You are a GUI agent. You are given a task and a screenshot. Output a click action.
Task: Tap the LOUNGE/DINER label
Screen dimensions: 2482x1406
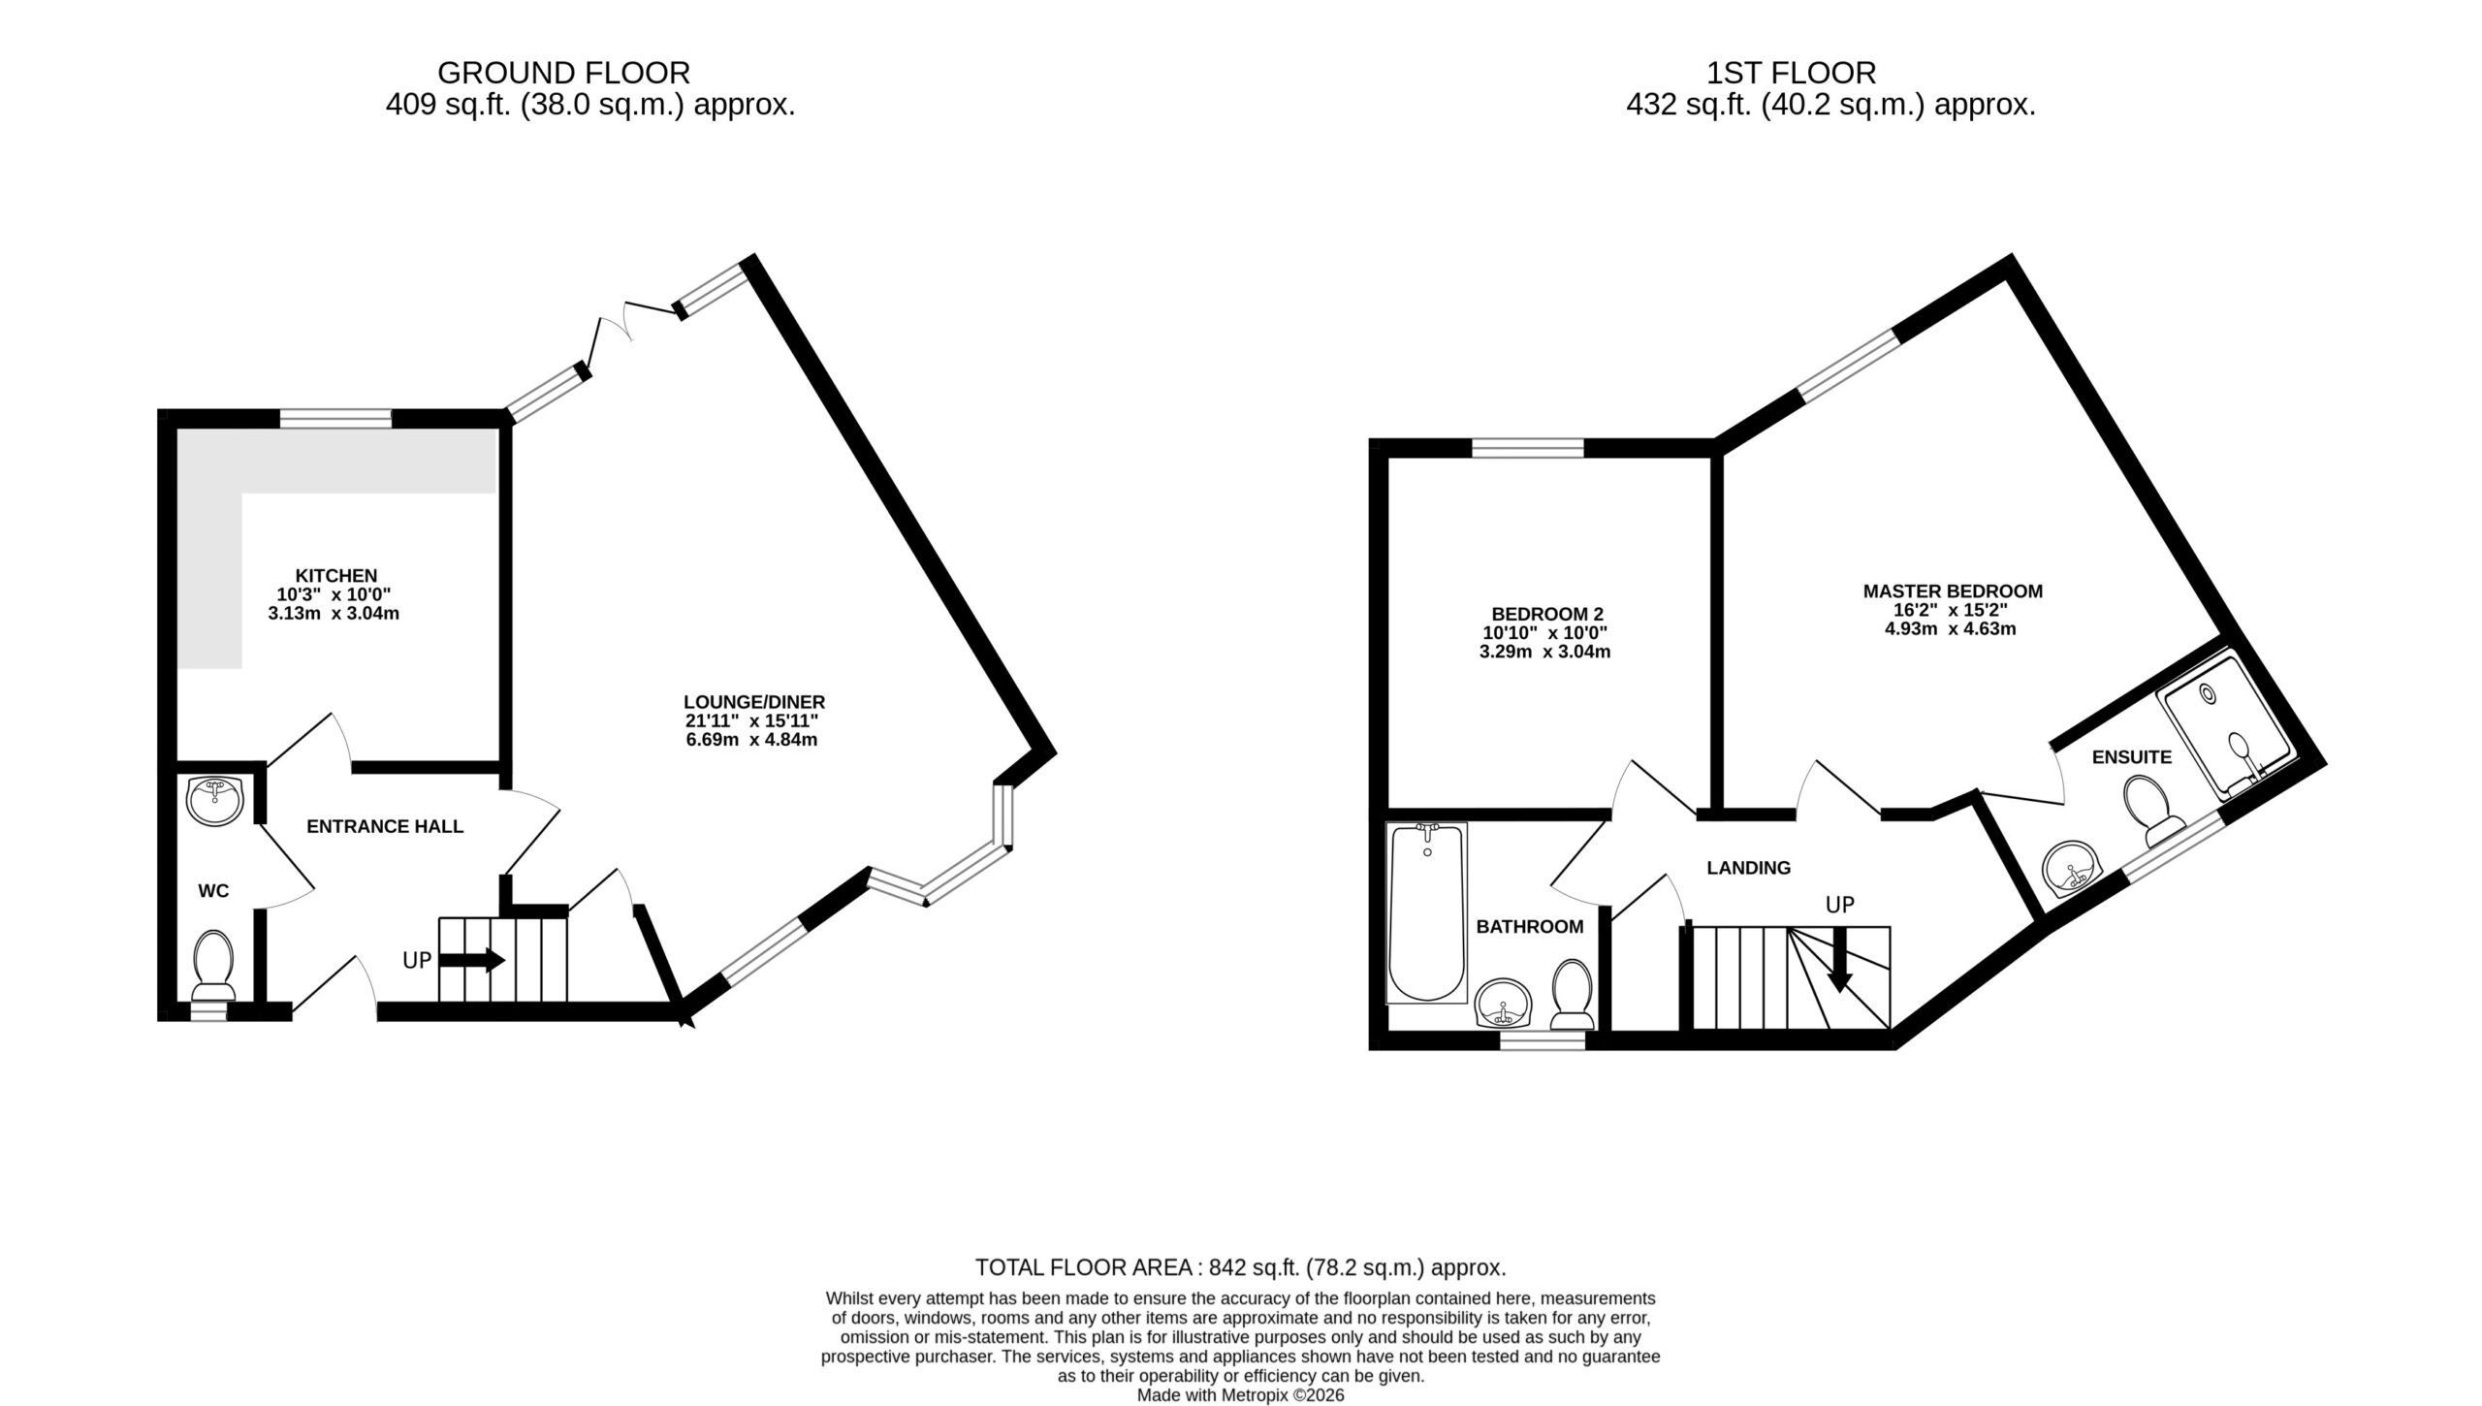754,702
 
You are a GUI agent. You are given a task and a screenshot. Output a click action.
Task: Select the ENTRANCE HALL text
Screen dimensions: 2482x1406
385,826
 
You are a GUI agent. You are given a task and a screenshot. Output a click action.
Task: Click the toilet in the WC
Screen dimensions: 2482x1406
213,965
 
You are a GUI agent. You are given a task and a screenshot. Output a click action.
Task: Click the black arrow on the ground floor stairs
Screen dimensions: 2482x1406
472,960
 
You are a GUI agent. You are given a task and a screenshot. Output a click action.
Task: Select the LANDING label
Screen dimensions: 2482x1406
1749,868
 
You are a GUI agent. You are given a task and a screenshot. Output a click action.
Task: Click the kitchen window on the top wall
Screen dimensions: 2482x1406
335,418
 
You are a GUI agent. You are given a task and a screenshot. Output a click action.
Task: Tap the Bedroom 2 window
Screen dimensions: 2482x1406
1528,447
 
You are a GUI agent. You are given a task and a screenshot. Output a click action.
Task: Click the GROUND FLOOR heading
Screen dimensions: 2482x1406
564,73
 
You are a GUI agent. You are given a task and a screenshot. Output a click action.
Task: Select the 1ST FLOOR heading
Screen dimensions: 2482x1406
1792,73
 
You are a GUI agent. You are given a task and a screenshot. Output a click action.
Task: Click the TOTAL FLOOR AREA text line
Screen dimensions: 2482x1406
1241,1267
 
